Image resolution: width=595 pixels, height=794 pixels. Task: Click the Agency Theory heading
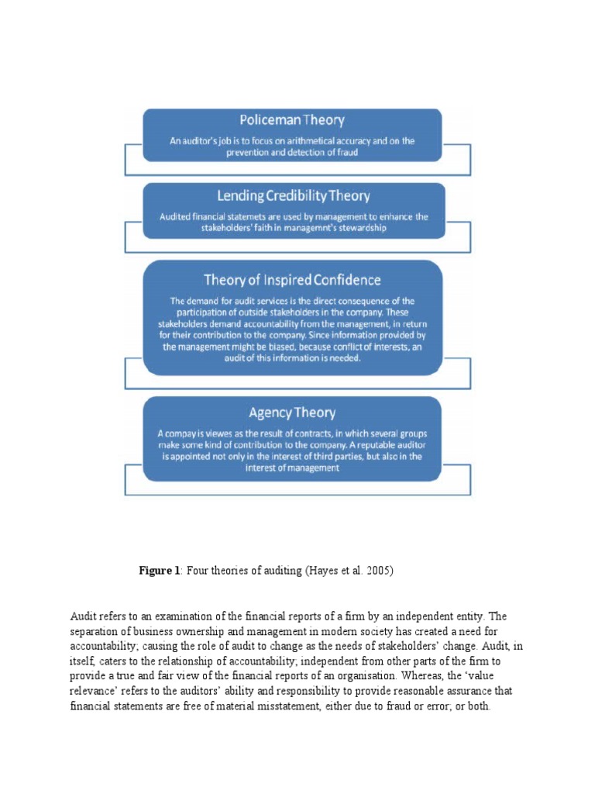click(292, 413)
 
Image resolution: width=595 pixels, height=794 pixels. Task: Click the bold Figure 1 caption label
click(159, 571)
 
